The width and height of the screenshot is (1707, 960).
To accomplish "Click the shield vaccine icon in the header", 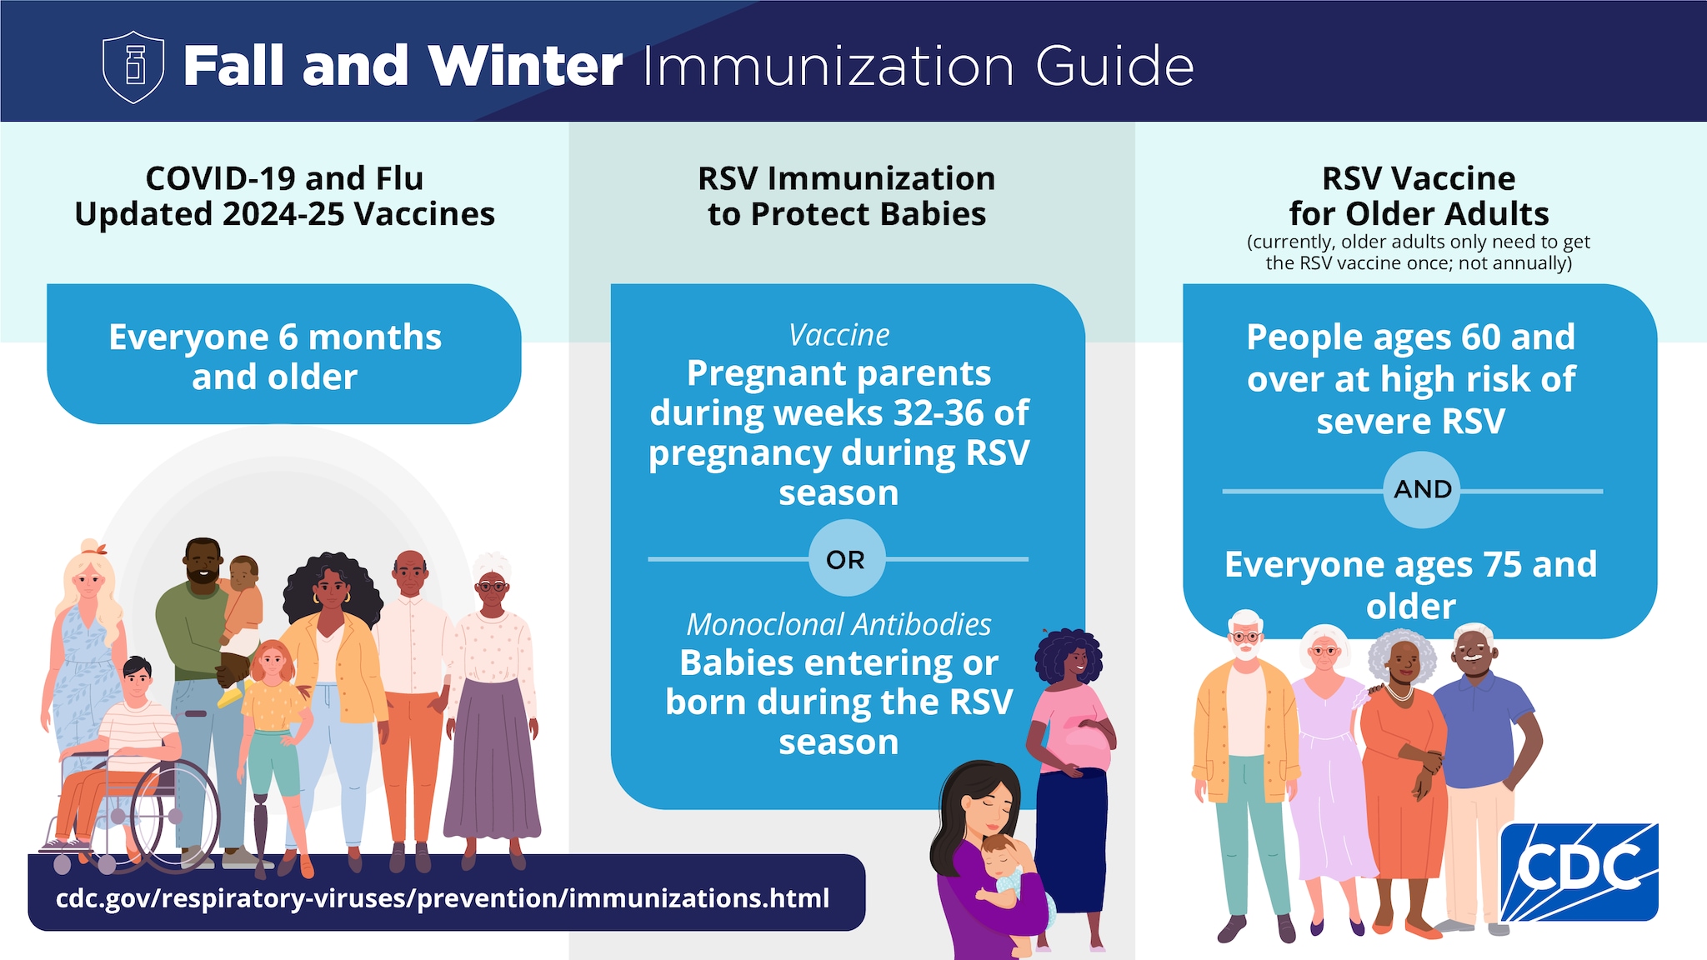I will pyautogui.click(x=133, y=67).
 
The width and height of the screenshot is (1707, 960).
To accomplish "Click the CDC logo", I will pyautogui.click(x=1579, y=871).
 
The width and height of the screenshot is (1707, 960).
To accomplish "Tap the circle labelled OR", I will pyautogui.click(x=846, y=559).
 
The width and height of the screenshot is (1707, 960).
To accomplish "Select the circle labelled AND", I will pyautogui.click(x=1422, y=489).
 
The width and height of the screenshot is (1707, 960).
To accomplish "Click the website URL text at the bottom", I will pyautogui.click(x=443, y=898).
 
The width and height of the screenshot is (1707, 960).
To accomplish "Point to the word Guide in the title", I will pyautogui.click(x=1115, y=67).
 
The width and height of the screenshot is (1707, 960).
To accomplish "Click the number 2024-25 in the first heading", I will pyautogui.click(x=283, y=214).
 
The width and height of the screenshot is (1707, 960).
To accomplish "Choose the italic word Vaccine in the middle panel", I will pyautogui.click(x=838, y=335).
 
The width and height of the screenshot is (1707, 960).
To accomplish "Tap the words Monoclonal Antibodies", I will pyautogui.click(x=838, y=624).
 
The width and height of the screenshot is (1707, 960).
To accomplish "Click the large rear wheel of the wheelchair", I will pyautogui.click(x=175, y=817).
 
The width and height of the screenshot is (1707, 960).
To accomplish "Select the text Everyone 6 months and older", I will pyautogui.click(x=275, y=357).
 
